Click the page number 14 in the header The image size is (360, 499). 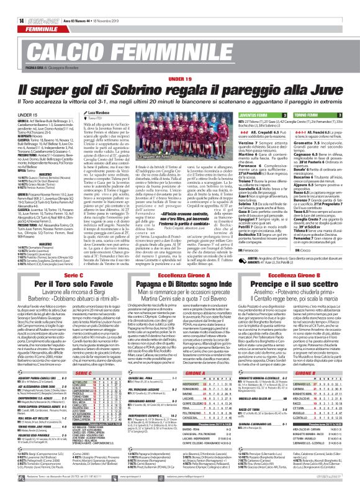(x=13, y=5)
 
